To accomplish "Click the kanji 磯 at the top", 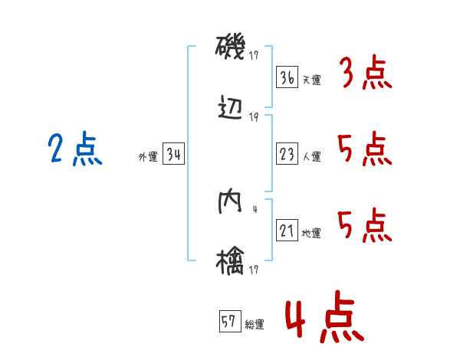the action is pos(229,50).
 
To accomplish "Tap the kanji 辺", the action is pos(229,110).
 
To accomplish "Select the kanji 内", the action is pos(229,202).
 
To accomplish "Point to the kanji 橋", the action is pos(229,260).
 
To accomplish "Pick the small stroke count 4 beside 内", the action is pos(255,209).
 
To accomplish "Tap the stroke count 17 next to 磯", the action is pos(255,55).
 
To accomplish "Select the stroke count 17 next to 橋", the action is pos(255,269).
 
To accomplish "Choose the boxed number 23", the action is pos(287,154).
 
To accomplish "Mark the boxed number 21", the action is pos(287,231).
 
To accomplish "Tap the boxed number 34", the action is pos(173,155).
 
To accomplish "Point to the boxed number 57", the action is pos(229,322).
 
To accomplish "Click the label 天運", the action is pos(311,80).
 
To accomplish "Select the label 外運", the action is pos(147,157).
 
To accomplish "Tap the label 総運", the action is pos(254,324).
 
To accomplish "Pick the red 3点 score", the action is pos(365,74).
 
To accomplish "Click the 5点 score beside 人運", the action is pos(365,149).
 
